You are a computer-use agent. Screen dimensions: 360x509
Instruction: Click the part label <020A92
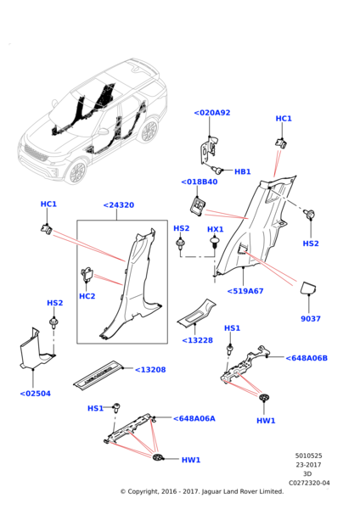212,113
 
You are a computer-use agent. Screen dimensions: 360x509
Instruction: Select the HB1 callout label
242,171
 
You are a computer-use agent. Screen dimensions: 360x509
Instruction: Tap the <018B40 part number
200,182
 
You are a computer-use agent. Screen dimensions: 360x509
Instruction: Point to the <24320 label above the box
119,205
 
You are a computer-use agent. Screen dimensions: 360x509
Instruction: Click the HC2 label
87,296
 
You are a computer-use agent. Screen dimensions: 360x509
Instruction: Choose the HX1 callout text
215,230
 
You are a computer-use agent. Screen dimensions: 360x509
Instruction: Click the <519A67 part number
245,291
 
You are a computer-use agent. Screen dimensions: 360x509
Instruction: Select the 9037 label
311,319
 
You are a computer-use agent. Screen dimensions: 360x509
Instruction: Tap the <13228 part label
198,340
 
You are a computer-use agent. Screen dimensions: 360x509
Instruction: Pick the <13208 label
150,370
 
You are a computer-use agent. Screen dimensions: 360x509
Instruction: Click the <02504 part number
36,394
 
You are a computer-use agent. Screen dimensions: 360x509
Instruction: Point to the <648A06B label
307,358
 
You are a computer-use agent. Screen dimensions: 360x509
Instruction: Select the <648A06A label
194,418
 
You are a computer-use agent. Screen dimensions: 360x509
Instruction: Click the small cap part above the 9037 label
308,288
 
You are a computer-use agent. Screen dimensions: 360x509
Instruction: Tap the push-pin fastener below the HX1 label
214,243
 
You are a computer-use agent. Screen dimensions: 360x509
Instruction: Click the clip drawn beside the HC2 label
87,275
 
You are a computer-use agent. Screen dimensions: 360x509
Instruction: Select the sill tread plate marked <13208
98,373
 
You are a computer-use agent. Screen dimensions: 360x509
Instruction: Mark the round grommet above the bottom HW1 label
157,456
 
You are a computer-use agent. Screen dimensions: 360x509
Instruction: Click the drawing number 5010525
309,456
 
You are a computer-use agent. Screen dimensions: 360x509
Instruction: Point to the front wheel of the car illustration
77,171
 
